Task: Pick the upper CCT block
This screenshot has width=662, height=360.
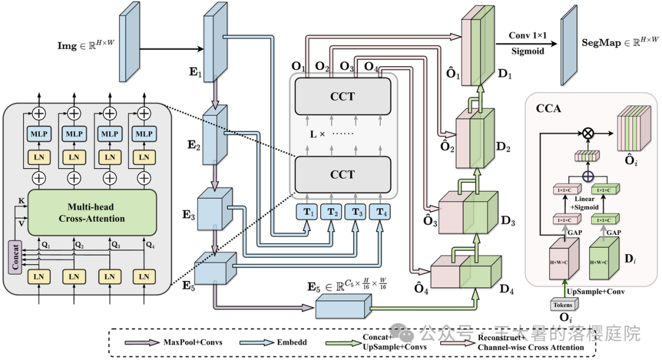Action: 342,97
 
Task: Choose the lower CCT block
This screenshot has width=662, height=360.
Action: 342,174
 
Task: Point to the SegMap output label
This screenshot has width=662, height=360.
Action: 620,43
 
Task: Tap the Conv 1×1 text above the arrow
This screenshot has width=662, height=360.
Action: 528,37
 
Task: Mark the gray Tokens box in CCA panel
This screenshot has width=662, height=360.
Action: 562,305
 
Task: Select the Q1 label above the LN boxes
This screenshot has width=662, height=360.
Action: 45,245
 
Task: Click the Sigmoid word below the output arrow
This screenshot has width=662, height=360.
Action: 528,52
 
